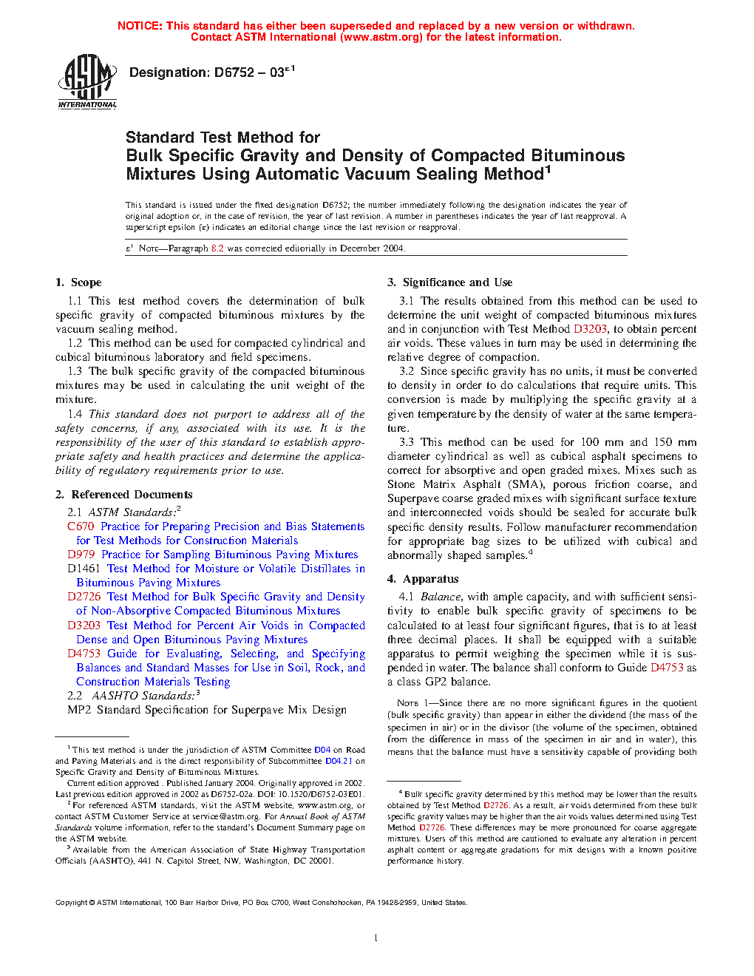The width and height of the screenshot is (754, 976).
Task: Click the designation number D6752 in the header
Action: click(234, 72)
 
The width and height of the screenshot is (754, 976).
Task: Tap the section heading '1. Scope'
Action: click(78, 282)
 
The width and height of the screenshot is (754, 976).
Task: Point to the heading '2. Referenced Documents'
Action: click(123, 495)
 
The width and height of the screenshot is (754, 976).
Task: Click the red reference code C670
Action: click(81, 526)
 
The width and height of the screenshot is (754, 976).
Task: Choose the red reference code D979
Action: click(81, 555)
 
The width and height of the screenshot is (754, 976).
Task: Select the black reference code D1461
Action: click(84, 569)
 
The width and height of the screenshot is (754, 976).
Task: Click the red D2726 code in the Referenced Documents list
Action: click(84, 597)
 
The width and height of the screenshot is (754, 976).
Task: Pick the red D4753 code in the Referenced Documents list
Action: click(84, 654)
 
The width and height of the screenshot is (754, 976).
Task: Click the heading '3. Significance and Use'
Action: click(449, 282)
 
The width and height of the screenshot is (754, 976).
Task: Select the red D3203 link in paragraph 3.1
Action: click(590, 329)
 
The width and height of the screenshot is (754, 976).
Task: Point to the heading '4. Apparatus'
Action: click(423, 579)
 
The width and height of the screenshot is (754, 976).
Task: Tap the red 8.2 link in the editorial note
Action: click(217, 248)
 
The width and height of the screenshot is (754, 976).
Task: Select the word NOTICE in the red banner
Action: click(140, 26)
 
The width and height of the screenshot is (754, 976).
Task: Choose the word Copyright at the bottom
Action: click(71, 902)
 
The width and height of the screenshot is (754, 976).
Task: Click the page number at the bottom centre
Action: click(376, 938)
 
